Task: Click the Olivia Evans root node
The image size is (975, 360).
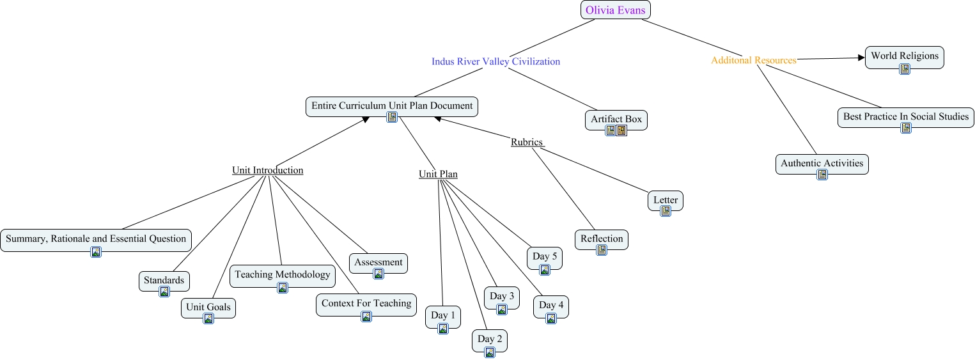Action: click(x=615, y=10)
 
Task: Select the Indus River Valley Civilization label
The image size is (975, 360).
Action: click(x=495, y=61)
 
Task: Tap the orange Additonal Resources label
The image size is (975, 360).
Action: click(x=754, y=60)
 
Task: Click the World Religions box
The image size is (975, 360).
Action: click(x=904, y=56)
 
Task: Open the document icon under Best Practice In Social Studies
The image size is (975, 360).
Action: click(x=905, y=128)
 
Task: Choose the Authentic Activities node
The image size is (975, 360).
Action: click(x=822, y=164)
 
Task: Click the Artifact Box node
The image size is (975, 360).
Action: click(x=616, y=120)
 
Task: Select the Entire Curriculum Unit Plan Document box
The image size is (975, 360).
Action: click(x=392, y=106)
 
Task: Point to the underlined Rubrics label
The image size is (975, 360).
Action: click(x=527, y=142)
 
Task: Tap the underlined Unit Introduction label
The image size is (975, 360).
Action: click(x=267, y=170)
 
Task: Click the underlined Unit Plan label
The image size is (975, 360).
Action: click(x=438, y=174)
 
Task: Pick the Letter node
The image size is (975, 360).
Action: click(x=665, y=200)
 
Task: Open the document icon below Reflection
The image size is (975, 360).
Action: click(x=601, y=250)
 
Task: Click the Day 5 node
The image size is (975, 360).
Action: click(x=545, y=257)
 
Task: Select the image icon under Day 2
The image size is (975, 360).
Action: click(x=490, y=352)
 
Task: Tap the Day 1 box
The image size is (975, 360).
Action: click(x=443, y=315)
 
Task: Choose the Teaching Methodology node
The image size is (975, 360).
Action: click(x=282, y=275)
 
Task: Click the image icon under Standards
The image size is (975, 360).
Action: click(x=164, y=292)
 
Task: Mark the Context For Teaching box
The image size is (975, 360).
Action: click(x=366, y=304)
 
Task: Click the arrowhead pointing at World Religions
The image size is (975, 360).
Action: click(x=861, y=58)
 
